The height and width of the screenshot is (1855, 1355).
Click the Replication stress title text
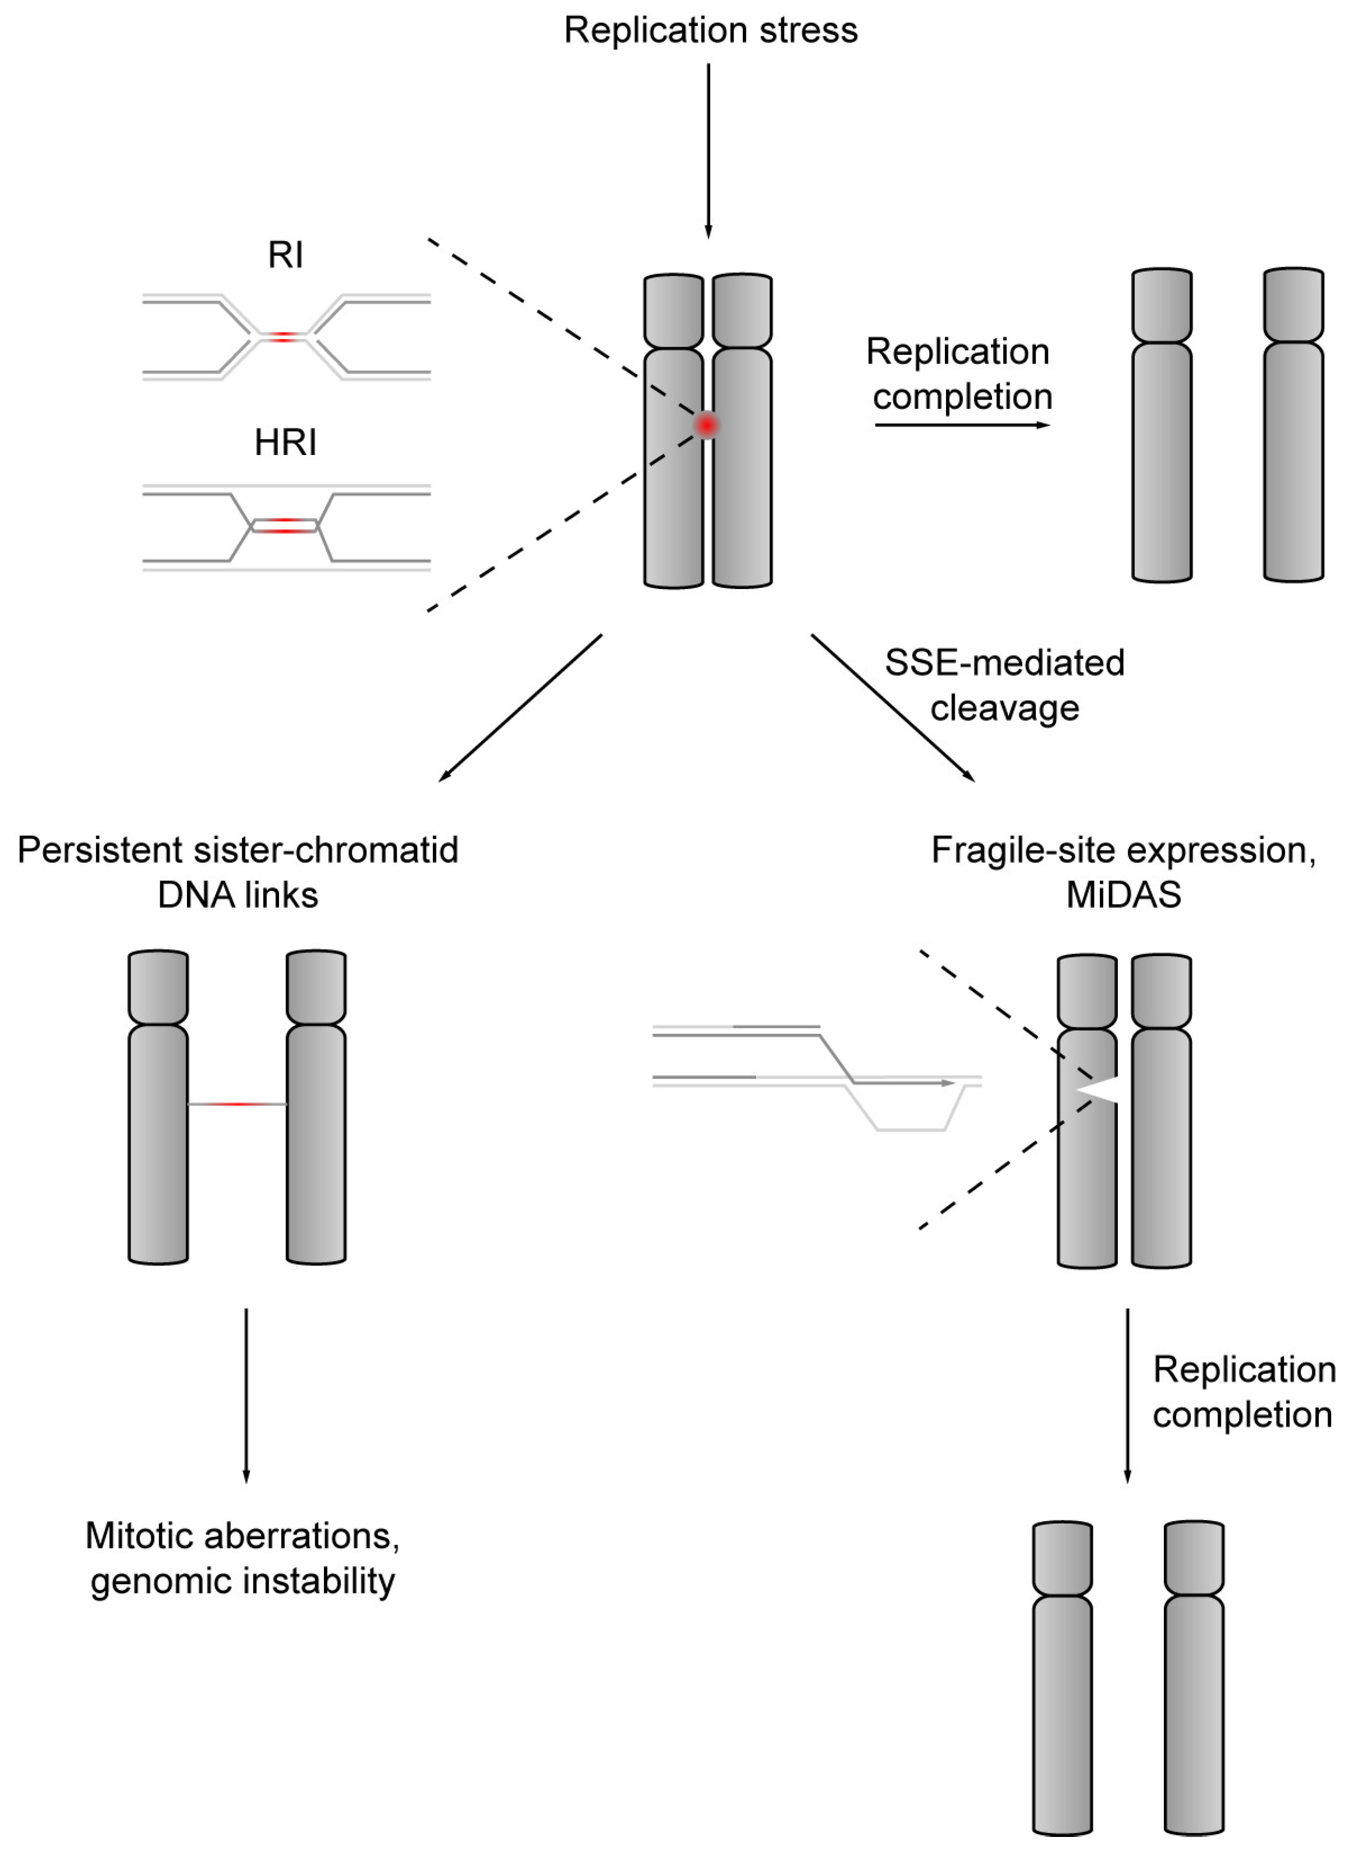click(710, 31)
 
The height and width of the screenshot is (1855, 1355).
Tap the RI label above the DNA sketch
click(285, 255)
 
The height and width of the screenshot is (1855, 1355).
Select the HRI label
click(285, 443)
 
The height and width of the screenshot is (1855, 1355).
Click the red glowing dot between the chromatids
click(706, 425)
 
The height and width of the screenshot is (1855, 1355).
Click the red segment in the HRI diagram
click(284, 525)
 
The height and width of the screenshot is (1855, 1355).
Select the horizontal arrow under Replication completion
click(961, 425)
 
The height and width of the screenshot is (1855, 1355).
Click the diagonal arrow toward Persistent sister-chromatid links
click(521, 707)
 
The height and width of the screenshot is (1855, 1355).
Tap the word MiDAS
click(1123, 894)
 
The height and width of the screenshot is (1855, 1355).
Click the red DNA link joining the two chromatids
click(237, 1104)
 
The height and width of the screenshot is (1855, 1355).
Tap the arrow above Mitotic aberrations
click(246, 1394)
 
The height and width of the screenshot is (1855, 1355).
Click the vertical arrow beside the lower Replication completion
click(1127, 1394)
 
